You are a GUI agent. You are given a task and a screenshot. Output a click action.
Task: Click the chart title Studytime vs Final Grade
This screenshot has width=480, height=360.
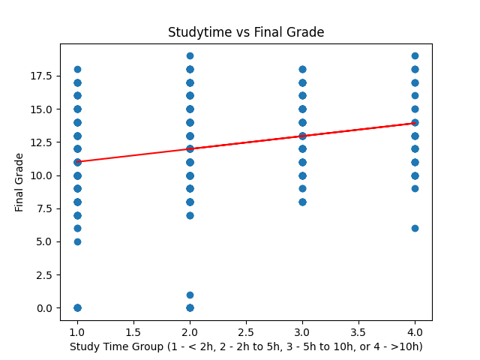click(246, 32)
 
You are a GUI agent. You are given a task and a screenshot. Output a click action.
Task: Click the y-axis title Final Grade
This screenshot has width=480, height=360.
click(19, 182)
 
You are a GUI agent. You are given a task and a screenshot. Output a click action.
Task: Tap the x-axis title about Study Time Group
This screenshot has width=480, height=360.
click(246, 346)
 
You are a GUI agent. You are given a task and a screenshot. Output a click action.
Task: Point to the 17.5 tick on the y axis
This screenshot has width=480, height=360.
click(40, 76)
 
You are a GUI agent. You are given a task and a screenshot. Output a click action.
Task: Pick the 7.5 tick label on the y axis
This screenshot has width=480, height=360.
click(43, 208)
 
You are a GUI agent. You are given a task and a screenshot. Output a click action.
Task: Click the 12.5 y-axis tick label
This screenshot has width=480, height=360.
click(40, 142)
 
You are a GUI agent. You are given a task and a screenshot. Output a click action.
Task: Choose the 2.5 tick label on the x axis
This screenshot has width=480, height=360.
click(246, 331)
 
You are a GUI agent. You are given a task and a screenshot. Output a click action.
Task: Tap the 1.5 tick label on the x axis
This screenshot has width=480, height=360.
click(133, 331)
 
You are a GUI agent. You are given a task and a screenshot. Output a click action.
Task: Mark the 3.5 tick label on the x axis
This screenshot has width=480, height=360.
click(358, 331)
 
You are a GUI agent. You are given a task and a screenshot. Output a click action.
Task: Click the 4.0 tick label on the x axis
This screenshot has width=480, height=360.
click(415, 331)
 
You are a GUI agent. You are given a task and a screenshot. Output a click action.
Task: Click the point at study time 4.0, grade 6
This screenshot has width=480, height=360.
click(415, 228)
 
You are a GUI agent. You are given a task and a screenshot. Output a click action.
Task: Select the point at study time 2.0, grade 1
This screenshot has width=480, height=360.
click(190, 295)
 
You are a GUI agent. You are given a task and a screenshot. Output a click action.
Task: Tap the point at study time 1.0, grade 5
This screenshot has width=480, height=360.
click(77, 241)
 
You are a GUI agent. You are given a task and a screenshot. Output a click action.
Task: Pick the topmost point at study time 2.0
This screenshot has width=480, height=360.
click(190, 55)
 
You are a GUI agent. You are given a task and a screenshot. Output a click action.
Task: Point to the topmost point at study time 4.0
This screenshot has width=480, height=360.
click(415, 55)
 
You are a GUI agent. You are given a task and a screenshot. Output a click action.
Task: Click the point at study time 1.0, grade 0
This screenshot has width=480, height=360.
click(77, 307)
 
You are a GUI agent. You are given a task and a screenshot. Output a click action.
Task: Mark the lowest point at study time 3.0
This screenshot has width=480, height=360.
click(302, 202)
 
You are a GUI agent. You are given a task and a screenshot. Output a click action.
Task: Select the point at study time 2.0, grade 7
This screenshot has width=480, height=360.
click(190, 215)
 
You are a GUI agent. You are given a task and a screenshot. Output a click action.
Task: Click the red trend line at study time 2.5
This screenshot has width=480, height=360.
click(246, 141)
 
